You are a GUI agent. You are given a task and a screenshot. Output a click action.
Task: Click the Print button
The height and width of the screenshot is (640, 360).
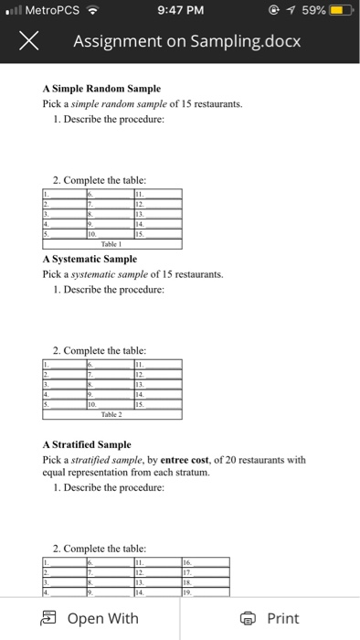pyautogui.click(x=271, y=618)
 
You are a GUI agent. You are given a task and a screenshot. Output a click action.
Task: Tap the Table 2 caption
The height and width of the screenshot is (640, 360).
pyautogui.click(x=112, y=413)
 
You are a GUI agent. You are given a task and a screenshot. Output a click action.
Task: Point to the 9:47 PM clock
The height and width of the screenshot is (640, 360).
pyautogui.click(x=180, y=11)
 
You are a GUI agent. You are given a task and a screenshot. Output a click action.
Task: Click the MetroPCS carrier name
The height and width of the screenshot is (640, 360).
pyautogui.click(x=51, y=11)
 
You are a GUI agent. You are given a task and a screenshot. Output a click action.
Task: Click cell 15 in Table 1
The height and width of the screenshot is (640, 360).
pyautogui.click(x=158, y=234)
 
